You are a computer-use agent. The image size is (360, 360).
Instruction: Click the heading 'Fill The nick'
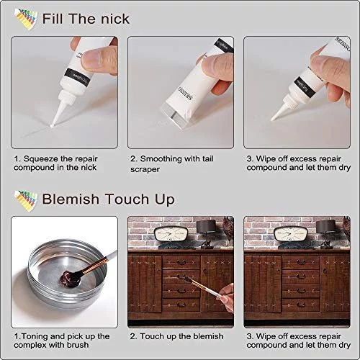click(86, 19)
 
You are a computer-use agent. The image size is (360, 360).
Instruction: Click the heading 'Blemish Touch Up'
click(108, 199)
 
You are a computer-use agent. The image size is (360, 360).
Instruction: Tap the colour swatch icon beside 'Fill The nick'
click(26, 19)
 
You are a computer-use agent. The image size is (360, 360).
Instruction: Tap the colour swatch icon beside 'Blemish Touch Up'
click(26, 201)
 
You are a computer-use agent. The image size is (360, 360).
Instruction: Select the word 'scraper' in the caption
click(145, 169)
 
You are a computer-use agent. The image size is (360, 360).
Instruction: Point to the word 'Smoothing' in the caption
click(161, 158)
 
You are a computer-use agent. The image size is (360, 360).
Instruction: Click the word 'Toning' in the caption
click(35, 337)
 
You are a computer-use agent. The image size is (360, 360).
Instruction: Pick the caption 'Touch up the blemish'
click(181, 336)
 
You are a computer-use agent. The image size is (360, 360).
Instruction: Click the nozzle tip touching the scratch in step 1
click(52, 125)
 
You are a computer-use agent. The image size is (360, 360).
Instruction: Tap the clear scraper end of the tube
click(175, 116)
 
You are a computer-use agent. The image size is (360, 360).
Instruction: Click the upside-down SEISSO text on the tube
click(185, 94)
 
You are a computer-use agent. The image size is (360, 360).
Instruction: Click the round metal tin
click(67, 274)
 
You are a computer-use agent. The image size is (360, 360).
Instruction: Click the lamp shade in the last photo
click(325, 226)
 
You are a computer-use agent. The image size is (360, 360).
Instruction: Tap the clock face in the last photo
click(291, 234)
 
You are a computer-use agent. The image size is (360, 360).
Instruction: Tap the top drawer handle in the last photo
click(301, 262)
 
